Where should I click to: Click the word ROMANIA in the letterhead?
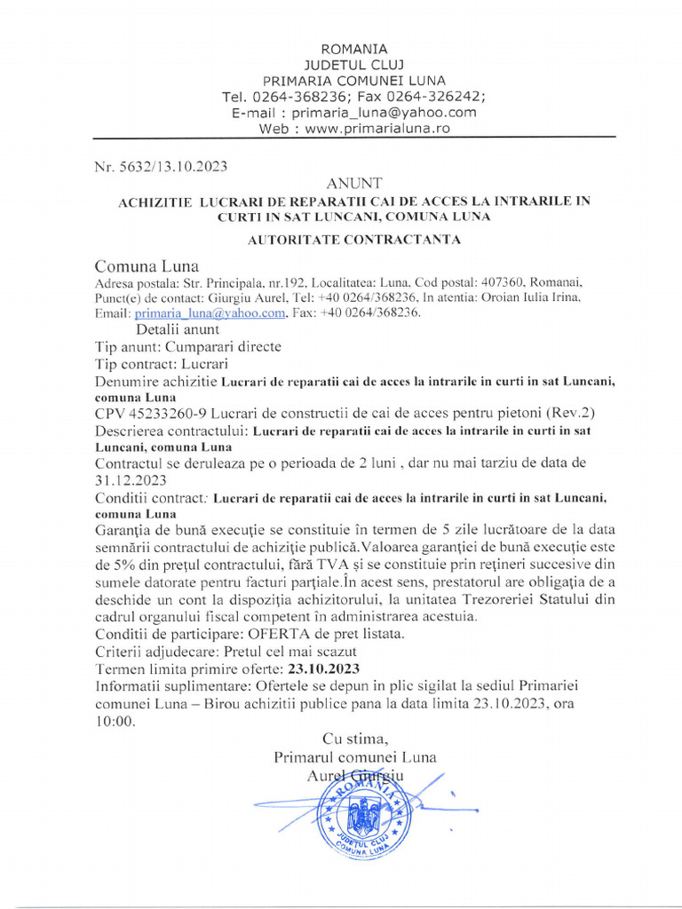[x=353, y=49]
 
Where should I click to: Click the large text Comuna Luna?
[x=147, y=266]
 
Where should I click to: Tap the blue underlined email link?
[x=210, y=312]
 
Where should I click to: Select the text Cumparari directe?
[x=223, y=347]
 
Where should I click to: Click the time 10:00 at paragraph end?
[x=115, y=722]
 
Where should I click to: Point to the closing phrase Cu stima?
[x=355, y=739]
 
